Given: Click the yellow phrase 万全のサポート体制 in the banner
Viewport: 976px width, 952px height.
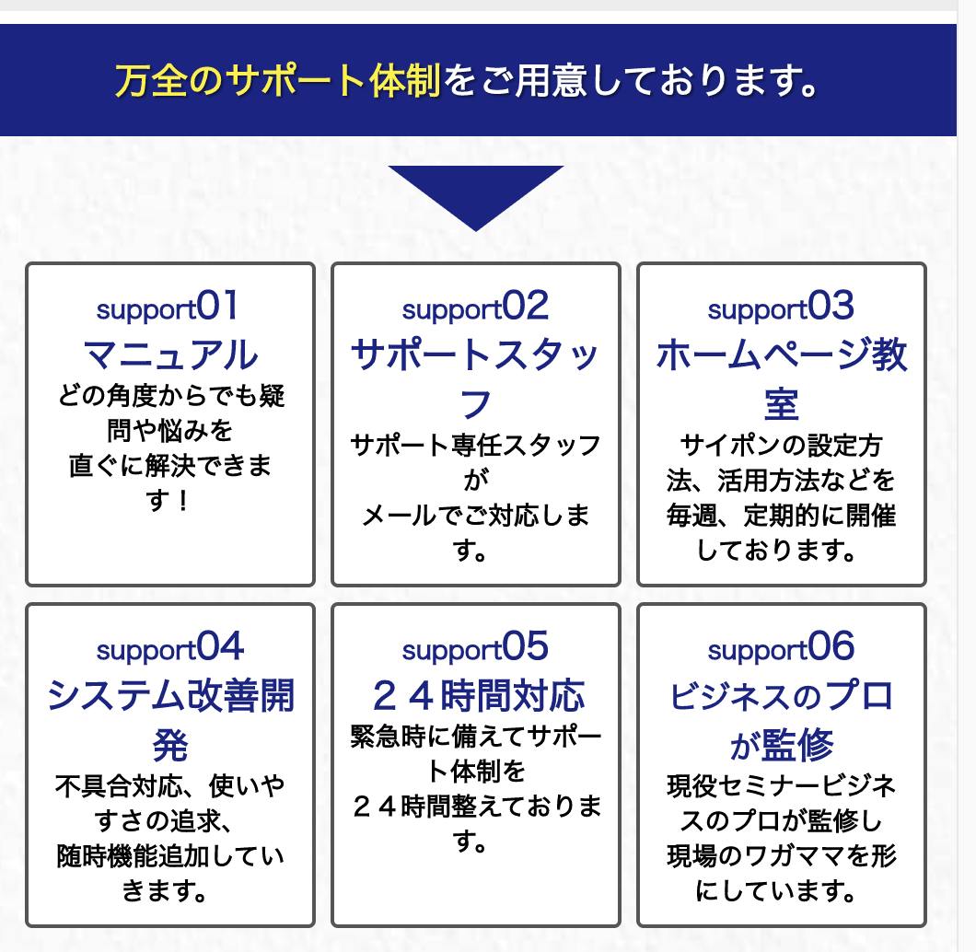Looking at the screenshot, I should point(278,81).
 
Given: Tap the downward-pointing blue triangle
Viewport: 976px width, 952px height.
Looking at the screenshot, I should point(475,192).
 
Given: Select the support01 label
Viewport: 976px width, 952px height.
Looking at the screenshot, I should point(168,307).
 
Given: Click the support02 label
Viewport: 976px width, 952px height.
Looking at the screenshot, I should point(475,307).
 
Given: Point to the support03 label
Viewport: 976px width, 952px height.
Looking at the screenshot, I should point(781,307).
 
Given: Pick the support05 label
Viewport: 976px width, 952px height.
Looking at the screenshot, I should point(475,648).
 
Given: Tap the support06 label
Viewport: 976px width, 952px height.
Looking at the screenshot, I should point(781,648).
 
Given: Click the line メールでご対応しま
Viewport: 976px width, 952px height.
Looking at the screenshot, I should point(475,516).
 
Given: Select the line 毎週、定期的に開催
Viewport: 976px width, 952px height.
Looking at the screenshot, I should point(781,516).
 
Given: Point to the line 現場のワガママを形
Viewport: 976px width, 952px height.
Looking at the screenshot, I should point(781,856).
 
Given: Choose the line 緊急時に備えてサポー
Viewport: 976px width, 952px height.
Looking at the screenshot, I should point(475,737).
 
